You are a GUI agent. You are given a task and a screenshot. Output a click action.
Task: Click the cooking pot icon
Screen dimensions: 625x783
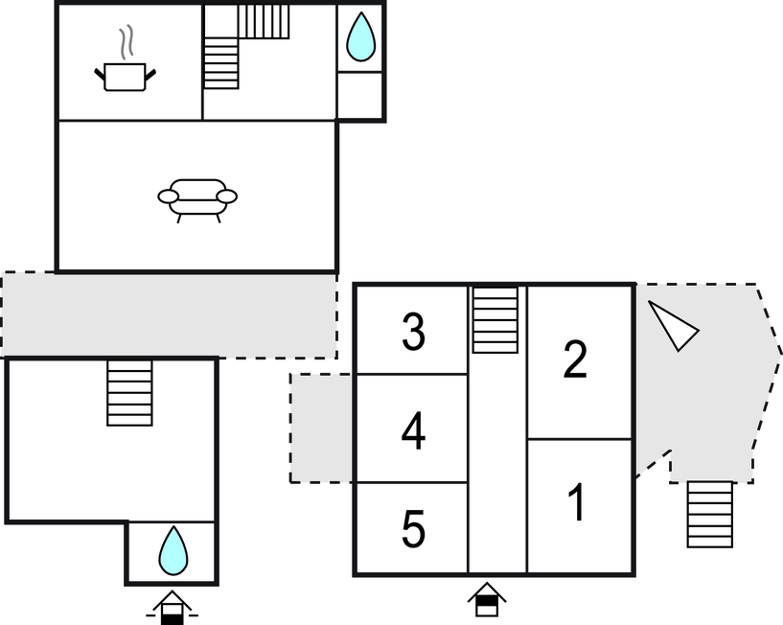(125, 76)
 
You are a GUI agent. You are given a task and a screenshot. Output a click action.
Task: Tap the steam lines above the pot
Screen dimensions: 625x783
(127, 43)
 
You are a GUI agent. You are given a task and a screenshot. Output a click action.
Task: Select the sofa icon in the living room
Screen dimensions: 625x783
(197, 199)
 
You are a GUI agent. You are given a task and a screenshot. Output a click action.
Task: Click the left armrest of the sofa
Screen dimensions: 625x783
(168, 197)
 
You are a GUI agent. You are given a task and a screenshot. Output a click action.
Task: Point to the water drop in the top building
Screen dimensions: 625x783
(360, 37)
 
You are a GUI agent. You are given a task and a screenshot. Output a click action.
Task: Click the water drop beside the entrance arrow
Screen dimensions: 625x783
(173, 548)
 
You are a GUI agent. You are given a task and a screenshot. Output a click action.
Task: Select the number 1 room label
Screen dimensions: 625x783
(577, 504)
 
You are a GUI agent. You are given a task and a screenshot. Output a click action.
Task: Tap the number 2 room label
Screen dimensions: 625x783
(575, 360)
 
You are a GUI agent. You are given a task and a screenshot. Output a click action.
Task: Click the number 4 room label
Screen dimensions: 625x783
(413, 431)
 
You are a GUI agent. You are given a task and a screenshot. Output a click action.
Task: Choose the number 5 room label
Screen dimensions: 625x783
(413, 530)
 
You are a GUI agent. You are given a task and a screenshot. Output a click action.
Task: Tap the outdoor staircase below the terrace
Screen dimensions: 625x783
(710, 514)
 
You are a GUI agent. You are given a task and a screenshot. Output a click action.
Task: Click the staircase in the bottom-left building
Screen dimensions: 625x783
(129, 393)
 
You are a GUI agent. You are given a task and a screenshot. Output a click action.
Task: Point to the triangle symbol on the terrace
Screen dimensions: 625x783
(675, 327)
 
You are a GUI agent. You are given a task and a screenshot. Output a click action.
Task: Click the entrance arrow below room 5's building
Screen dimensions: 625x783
(488, 600)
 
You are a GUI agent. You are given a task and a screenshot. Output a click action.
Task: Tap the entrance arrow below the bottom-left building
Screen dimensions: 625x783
(173, 607)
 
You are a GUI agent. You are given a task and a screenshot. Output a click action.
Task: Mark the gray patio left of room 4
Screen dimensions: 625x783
(322, 428)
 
